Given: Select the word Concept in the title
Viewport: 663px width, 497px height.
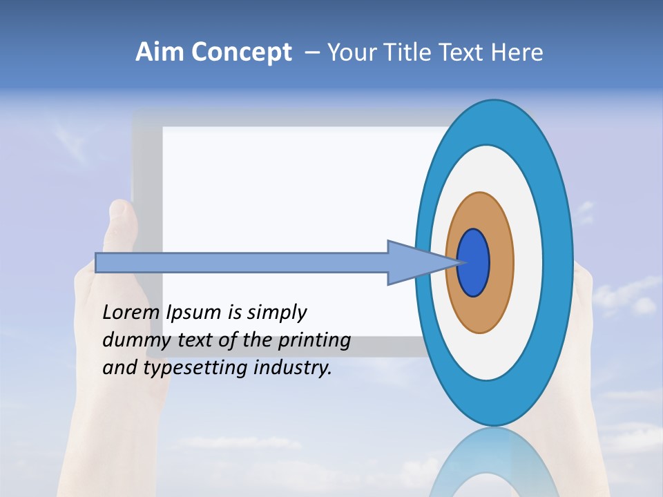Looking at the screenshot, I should [241, 53].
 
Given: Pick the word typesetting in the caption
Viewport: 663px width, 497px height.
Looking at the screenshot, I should [196, 369].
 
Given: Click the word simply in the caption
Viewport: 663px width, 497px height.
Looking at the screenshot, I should [276, 313].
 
